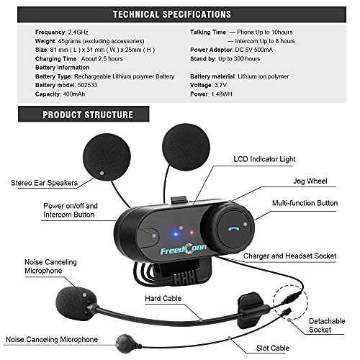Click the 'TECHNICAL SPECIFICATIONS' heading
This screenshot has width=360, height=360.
[172, 14]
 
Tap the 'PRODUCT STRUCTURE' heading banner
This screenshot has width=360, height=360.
[84, 114]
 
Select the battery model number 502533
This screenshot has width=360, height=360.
[87, 85]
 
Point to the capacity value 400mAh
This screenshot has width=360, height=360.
[74, 94]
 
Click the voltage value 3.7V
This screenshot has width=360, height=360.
[220, 85]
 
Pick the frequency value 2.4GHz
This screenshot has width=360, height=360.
[78, 32]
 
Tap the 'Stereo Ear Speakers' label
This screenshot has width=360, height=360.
[44, 183]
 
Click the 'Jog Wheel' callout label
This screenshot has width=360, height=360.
[310, 181]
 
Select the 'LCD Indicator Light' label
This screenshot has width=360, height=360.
[264, 159]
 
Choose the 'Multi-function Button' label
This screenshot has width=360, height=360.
[305, 203]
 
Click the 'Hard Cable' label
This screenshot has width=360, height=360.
[163, 298]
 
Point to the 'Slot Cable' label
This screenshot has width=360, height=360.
[273, 348]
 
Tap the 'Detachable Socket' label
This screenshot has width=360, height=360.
[327, 325]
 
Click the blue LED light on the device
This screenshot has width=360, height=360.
[176, 234]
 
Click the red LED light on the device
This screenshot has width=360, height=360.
[192, 233]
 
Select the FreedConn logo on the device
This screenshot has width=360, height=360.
[184, 249]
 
